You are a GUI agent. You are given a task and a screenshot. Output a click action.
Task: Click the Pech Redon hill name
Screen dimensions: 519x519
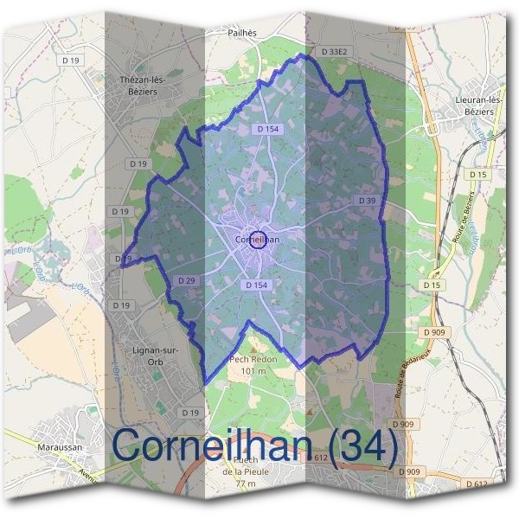pyautogui.click(x=252, y=359)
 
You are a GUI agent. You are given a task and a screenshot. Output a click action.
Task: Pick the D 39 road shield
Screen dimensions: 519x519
pyautogui.click(x=366, y=201)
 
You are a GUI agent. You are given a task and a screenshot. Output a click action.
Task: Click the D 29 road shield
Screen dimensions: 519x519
pyautogui.click(x=188, y=281)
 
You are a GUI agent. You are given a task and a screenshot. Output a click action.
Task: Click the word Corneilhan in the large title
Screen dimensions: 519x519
pyautogui.click(x=216, y=445)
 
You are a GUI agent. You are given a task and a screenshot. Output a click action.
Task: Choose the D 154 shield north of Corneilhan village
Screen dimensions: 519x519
pyautogui.click(x=268, y=129)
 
